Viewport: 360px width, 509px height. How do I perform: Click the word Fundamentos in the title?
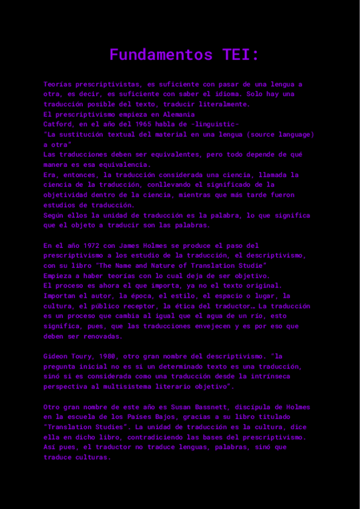tap(161, 55)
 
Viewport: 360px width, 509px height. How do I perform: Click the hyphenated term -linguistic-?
tap(213, 124)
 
